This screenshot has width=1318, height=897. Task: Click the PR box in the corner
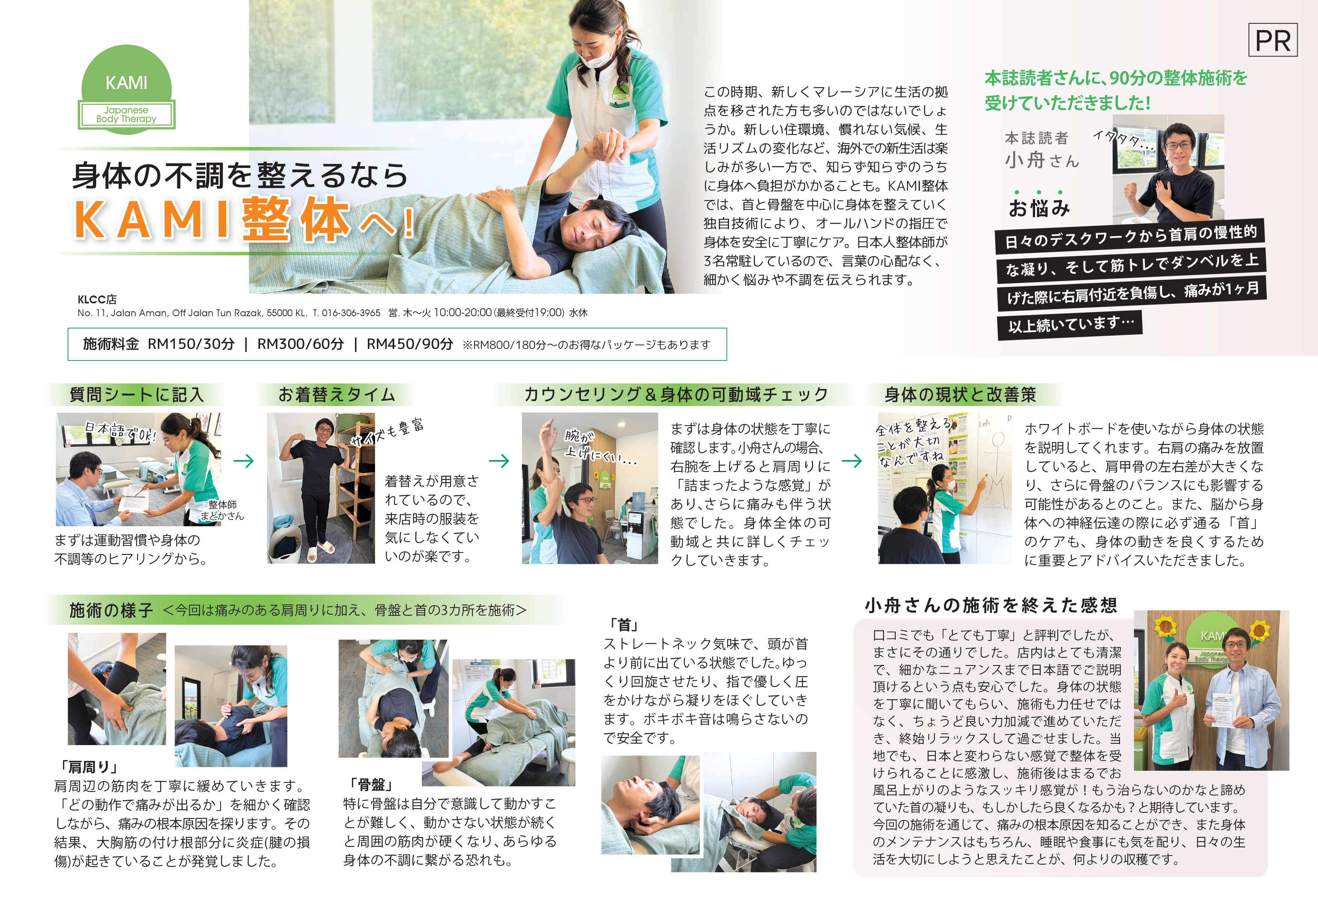click(x=1273, y=40)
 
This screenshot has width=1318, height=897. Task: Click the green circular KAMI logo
click(x=127, y=89)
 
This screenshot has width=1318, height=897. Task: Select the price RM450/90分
click(x=410, y=344)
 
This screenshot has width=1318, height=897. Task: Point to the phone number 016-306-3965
click(x=351, y=313)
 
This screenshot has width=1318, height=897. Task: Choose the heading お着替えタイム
click(x=336, y=394)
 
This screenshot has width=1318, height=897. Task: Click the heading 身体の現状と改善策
click(x=960, y=394)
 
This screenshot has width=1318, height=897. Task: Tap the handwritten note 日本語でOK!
click(x=119, y=431)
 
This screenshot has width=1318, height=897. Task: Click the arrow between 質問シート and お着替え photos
click(x=243, y=461)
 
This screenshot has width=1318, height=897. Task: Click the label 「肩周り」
click(x=88, y=767)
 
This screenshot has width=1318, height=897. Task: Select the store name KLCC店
click(x=97, y=299)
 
